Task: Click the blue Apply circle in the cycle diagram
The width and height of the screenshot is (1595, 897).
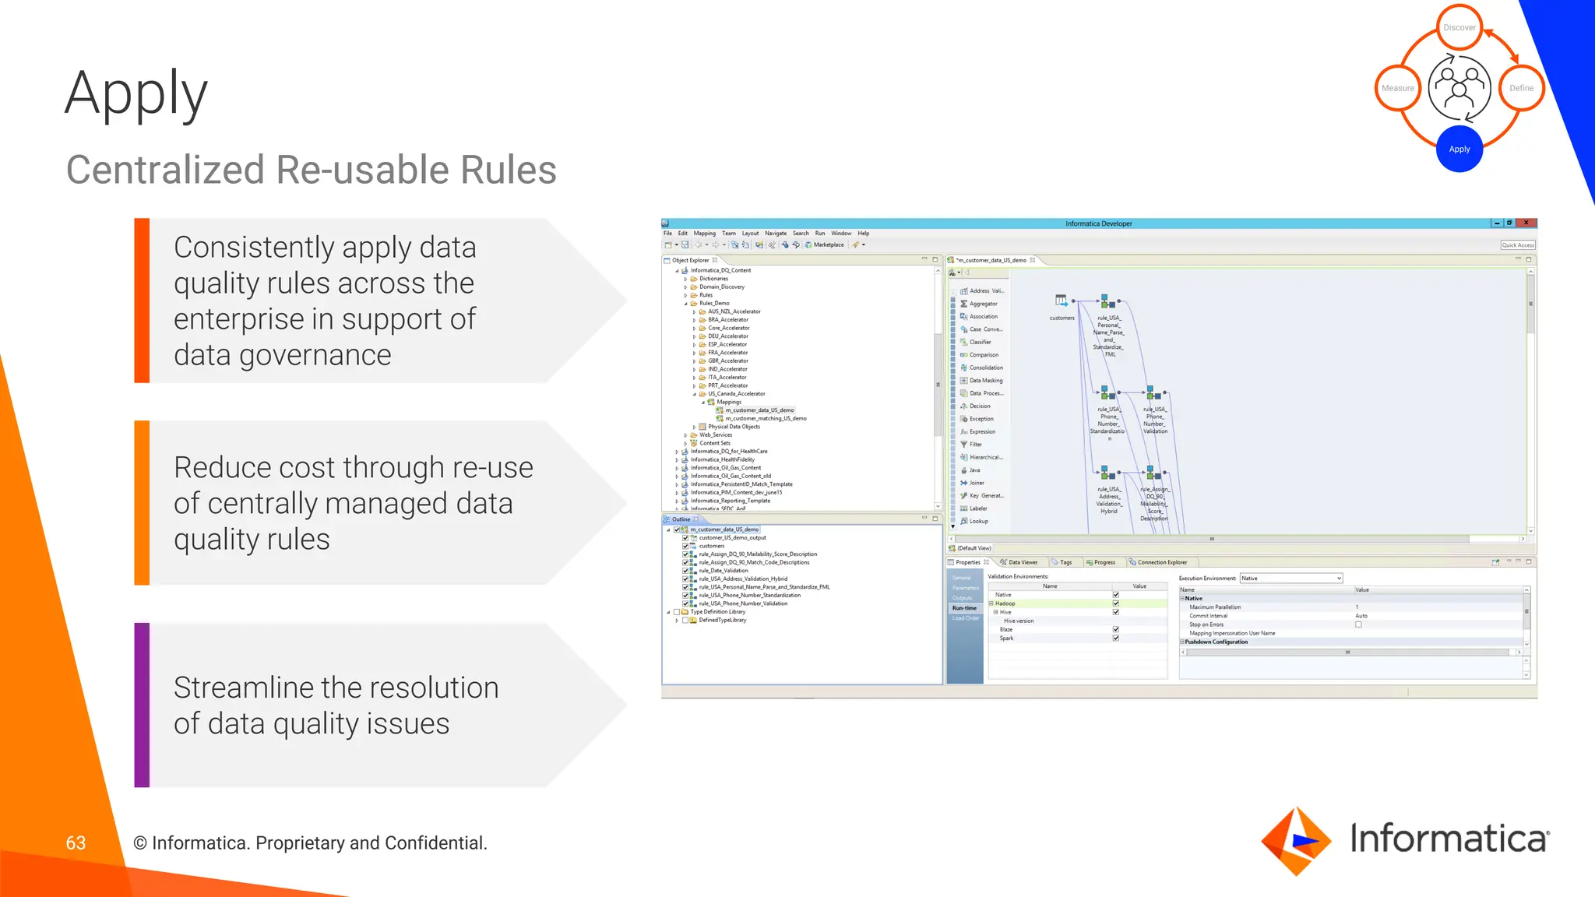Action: point(1459,149)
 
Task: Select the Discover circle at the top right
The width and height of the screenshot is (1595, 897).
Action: point(1459,27)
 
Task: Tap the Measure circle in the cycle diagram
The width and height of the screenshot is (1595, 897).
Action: point(1398,88)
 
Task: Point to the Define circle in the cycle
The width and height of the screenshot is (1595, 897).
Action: point(1520,88)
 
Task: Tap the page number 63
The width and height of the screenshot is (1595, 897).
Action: point(76,842)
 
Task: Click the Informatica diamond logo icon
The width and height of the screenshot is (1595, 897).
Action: point(1295,841)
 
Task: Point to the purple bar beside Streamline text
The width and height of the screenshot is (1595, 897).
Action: point(142,705)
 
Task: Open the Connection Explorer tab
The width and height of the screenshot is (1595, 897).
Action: point(1161,562)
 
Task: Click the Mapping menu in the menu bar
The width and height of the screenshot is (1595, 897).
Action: point(704,234)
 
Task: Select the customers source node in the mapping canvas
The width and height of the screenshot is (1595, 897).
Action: point(1061,301)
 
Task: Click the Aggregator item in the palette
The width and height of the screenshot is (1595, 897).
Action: point(983,304)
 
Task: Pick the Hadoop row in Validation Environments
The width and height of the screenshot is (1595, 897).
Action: point(1005,603)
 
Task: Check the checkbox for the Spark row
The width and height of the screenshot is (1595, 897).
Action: point(1116,638)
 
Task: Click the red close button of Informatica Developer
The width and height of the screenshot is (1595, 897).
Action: point(1526,223)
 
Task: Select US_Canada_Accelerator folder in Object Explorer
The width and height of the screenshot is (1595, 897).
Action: point(736,394)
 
